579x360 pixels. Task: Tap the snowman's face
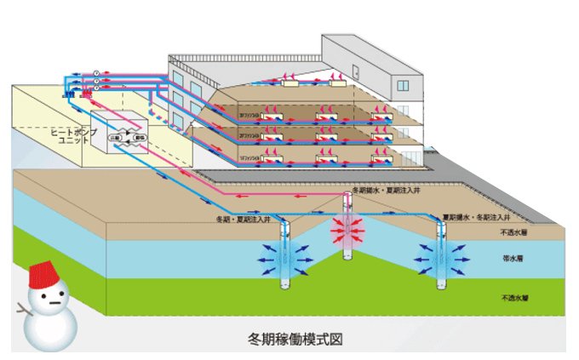tap(46, 298)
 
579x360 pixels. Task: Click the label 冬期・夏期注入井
tap(244, 219)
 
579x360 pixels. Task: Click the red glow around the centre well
tap(348, 229)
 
